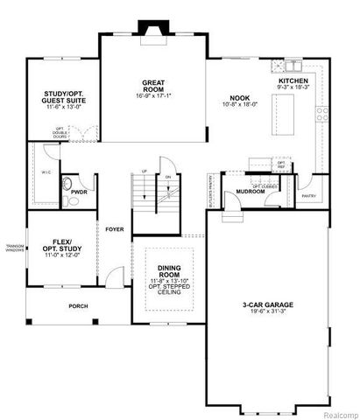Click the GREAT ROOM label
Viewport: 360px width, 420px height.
(154, 86)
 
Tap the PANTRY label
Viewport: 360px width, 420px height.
(308, 196)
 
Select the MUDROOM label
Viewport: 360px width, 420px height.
(251, 191)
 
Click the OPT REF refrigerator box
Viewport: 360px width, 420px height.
(281, 164)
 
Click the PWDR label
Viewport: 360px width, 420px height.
(79, 191)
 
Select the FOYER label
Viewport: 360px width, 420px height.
(114, 229)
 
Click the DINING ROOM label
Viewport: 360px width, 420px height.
(169, 272)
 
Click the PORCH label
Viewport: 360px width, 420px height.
(79, 305)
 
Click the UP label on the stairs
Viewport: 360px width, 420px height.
(144, 171)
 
